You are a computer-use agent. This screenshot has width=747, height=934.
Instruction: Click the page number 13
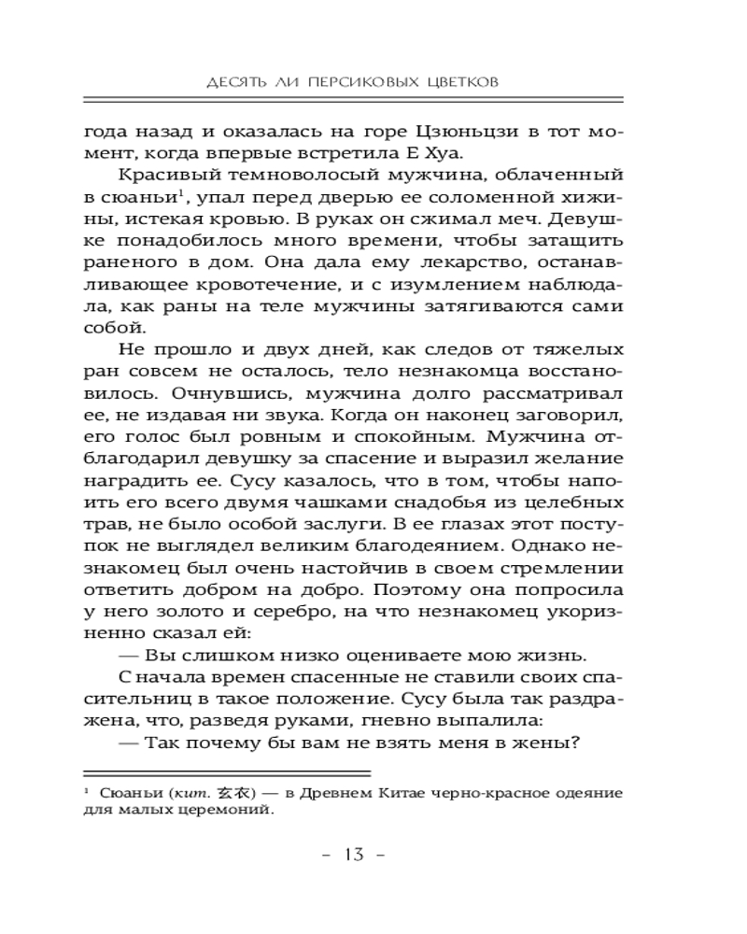pos(355,856)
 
